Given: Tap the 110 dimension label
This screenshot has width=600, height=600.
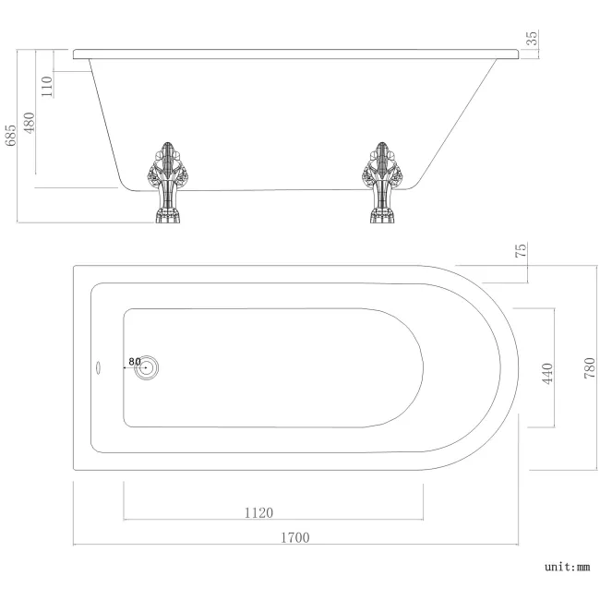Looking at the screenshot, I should (x=48, y=85).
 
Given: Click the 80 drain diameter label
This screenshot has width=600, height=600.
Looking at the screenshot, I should (x=135, y=361).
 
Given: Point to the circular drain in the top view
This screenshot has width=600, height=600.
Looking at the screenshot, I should (x=146, y=368).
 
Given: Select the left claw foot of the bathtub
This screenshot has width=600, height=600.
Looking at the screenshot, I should (x=166, y=183).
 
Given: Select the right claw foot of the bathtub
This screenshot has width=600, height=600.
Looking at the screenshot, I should (x=379, y=183).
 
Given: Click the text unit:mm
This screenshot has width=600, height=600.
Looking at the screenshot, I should (x=567, y=568).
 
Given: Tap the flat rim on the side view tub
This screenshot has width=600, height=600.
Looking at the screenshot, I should (x=295, y=52).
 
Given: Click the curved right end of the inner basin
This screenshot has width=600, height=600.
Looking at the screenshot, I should (x=414, y=367).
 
